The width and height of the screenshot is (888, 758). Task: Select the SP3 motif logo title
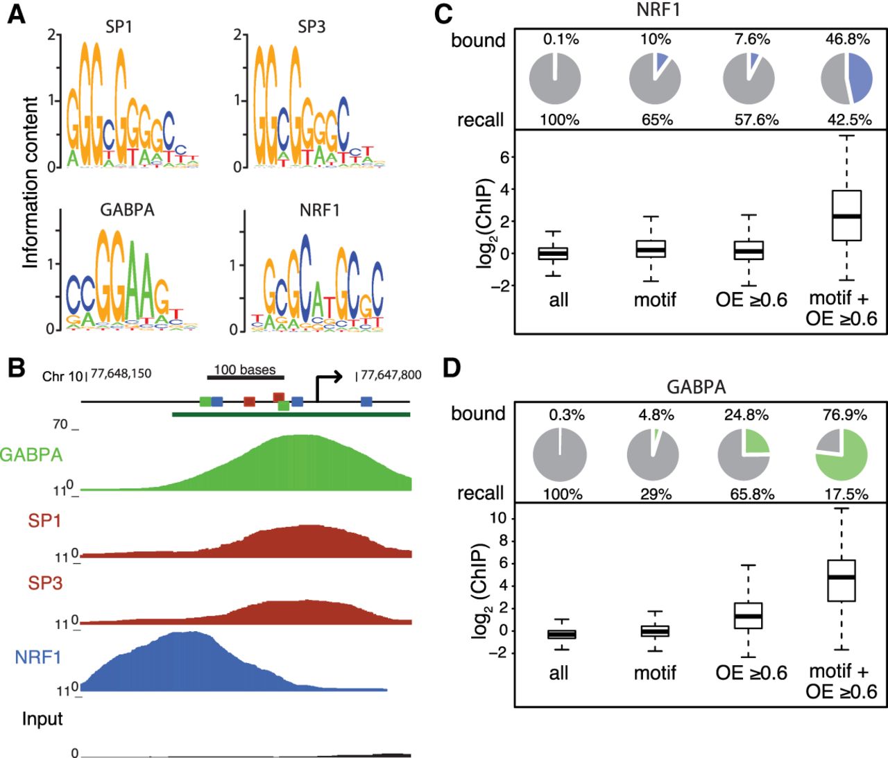point(311,26)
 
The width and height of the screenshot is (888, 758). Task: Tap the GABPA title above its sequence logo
point(127,209)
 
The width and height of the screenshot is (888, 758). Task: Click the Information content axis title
point(30,182)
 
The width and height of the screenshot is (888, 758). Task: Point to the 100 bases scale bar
point(245,377)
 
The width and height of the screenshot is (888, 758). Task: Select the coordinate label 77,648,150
point(121,374)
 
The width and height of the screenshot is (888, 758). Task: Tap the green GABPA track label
point(31,455)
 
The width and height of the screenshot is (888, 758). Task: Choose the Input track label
point(42,719)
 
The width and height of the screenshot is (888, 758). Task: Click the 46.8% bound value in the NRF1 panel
point(847,39)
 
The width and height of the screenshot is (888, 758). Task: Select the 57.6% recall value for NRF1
point(756,119)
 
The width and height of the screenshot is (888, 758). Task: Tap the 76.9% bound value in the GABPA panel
point(844,415)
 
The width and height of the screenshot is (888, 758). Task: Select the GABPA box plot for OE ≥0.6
point(749,615)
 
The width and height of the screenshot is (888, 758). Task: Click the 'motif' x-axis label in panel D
point(655,673)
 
